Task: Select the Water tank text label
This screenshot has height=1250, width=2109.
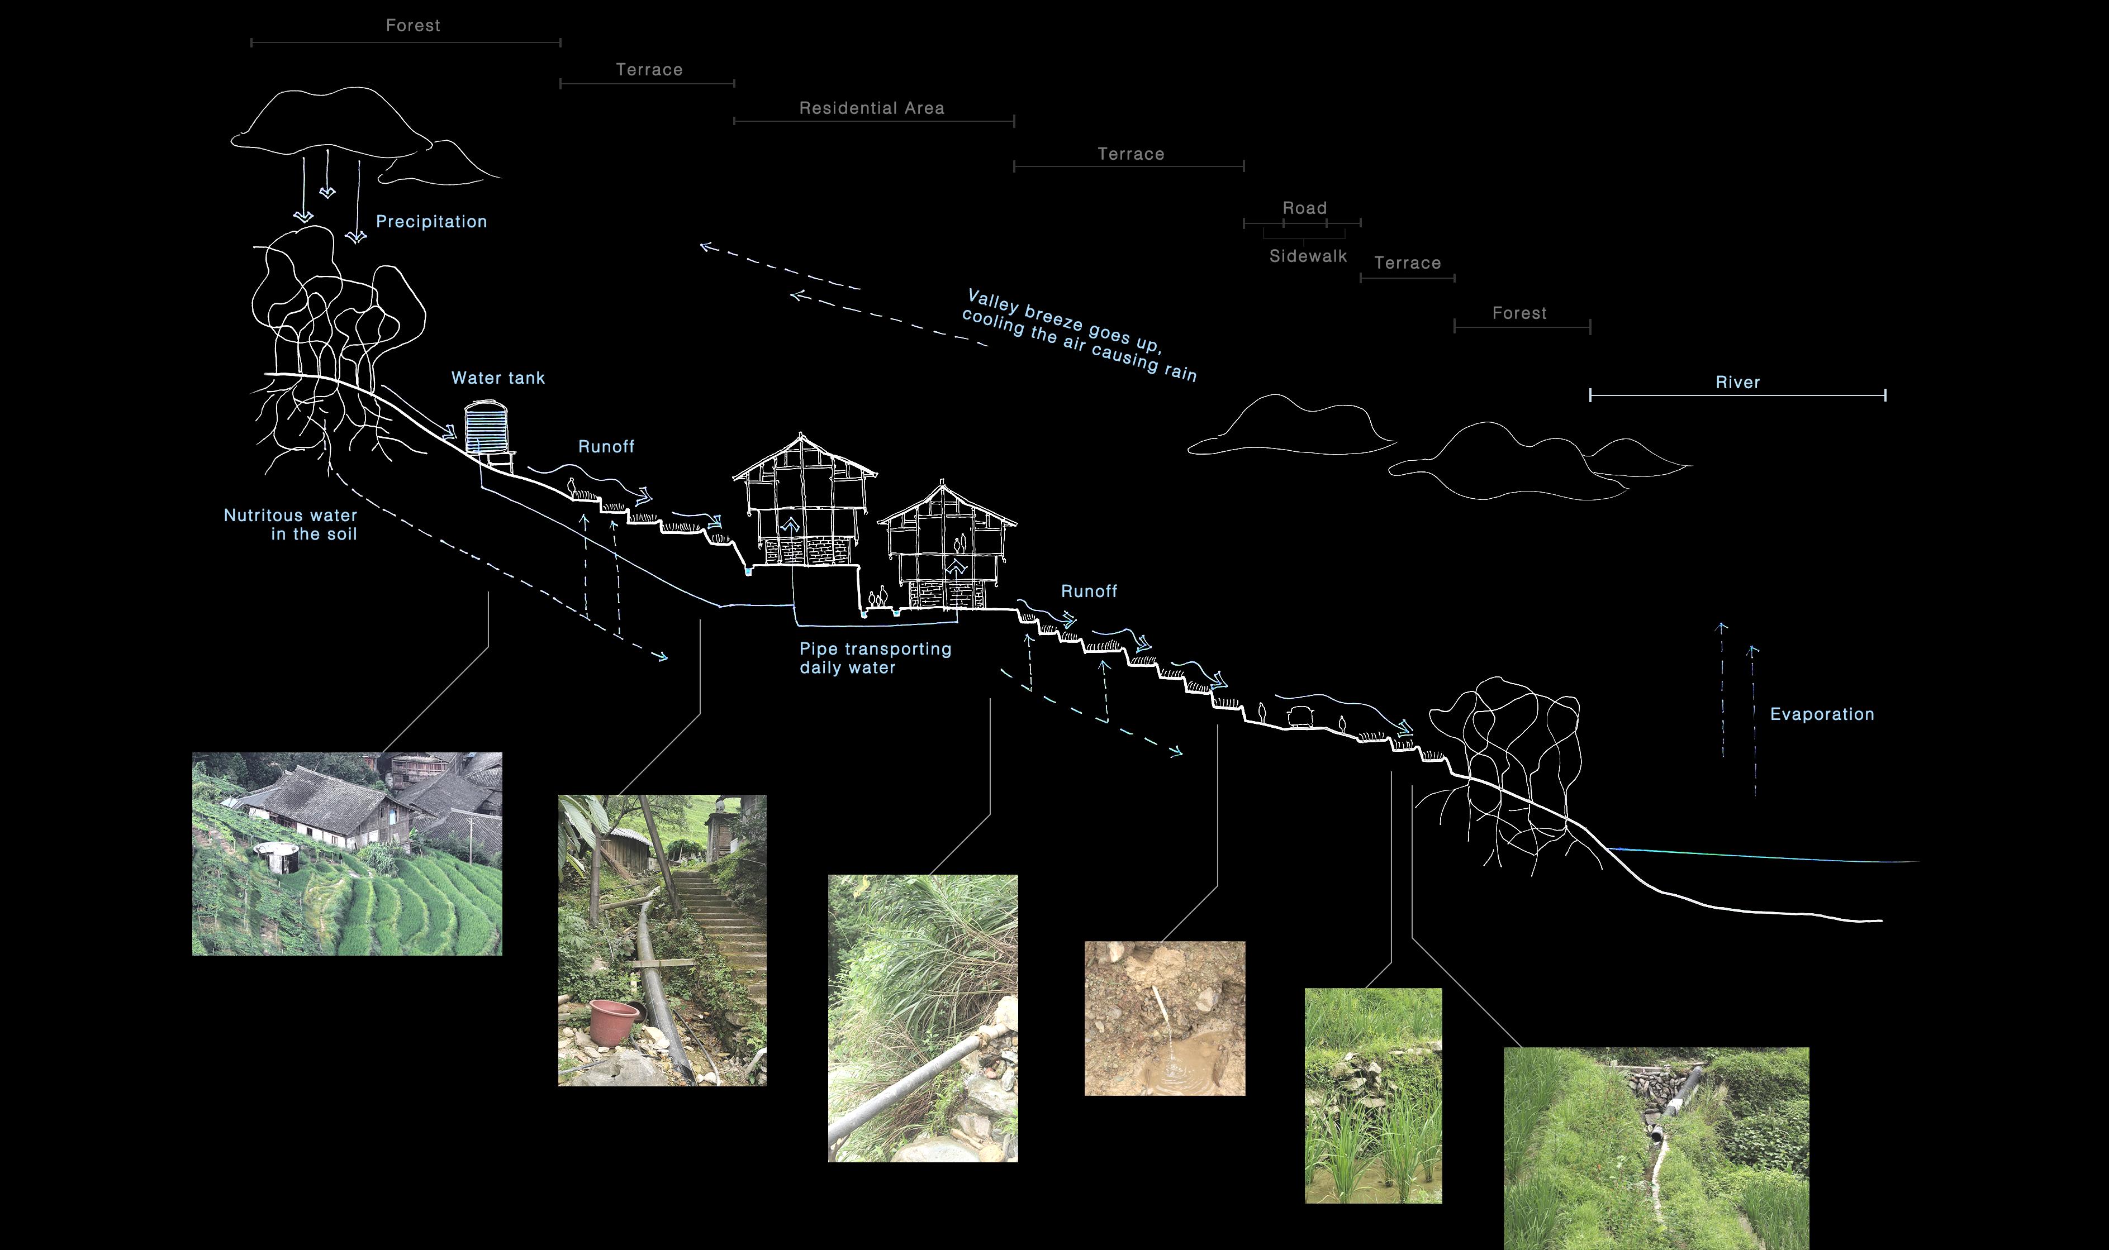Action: [x=497, y=378]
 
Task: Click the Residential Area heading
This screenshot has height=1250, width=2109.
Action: [x=871, y=108]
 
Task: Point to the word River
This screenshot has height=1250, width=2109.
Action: [x=1737, y=383]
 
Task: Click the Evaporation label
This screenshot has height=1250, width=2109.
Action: [x=1822, y=714]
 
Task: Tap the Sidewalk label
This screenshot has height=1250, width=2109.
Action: [x=1308, y=256]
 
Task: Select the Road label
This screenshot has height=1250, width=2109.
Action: [x=1304, y=208]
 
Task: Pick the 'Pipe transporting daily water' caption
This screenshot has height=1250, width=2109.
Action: [x=875, y=658]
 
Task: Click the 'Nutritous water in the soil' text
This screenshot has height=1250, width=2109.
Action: [x=291, y=524]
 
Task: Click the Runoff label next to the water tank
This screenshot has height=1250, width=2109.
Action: [x=606, y=446]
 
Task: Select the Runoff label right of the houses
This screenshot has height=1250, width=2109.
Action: [x=1089, y=591]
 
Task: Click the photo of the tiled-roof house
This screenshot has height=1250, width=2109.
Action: [x=346, y=853]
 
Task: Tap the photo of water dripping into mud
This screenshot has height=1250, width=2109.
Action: [x=1165, y=1018]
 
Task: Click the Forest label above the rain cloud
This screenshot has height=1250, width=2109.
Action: [x=413, y=25]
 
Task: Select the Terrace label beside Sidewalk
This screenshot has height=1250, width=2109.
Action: [x=1407, y=263]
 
